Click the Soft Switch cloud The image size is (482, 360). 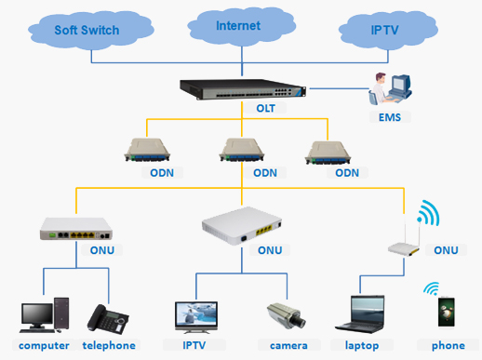coord(90,30)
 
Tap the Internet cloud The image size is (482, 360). coord(241,26)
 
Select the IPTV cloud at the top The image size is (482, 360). coord(388,30)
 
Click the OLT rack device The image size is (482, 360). coord(243,89)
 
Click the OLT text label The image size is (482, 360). coord(265,108)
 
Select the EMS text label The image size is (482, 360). coord(390,117)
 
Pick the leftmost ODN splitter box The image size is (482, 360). coord(147,150)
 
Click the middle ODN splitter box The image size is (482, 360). coord(242,150)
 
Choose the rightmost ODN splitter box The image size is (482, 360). coord(328,153)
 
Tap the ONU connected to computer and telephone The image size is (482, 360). coord(76,229)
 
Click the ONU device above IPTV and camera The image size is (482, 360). coord(242,225)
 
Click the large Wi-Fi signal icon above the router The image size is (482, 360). coord(429,213)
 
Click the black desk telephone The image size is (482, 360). coord(108,319)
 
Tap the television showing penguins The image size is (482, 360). coord(196,316)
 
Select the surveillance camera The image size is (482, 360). coord(287,315)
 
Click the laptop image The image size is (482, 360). coord(361,313)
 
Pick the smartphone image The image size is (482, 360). coord(447,312)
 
